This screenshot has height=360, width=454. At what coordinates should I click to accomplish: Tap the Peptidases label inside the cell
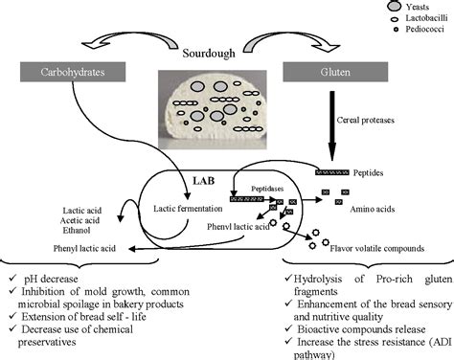pyautogui.click(x=269, y=191)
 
